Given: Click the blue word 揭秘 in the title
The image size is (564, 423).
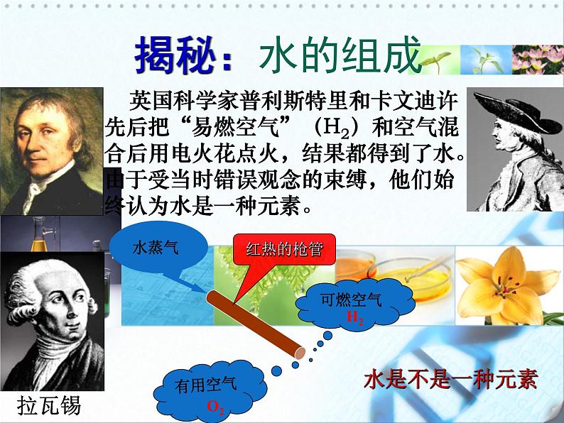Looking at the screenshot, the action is [175, 55].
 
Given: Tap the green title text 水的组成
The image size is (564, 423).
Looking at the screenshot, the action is [340, 55].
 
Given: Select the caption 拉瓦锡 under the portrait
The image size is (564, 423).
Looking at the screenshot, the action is [49, 406].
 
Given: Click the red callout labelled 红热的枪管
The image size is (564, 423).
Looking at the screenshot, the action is [284, 249].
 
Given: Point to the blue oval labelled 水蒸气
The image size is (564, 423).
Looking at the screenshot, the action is [158, 248].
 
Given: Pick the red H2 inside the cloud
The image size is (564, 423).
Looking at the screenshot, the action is [354, 318].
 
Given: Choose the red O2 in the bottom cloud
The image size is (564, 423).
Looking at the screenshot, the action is [215, 407].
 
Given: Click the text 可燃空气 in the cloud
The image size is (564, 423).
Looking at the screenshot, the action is [351, 300].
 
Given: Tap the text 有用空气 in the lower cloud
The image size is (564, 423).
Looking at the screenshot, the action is [205, 385].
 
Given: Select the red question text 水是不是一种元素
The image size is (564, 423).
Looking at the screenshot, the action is [450, 379].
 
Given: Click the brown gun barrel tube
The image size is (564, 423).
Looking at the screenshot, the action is [256, 324].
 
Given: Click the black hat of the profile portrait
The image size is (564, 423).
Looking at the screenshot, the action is [514, 110].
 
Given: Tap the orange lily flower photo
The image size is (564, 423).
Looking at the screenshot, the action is [509, 286].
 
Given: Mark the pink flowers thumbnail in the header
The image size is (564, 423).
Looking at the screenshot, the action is [538, 60].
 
